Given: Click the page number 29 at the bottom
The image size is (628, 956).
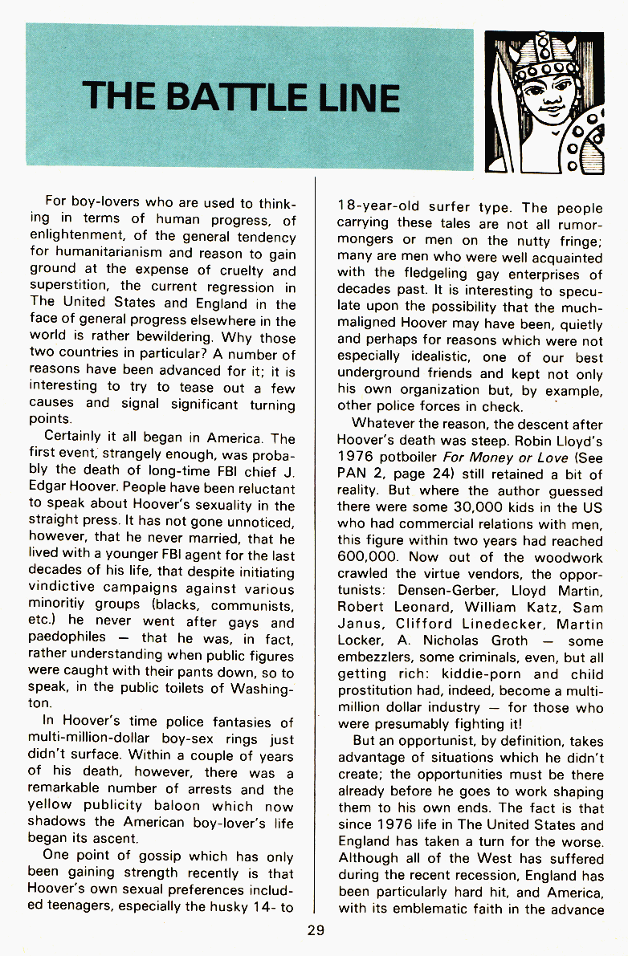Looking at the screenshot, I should pos(315,930).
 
